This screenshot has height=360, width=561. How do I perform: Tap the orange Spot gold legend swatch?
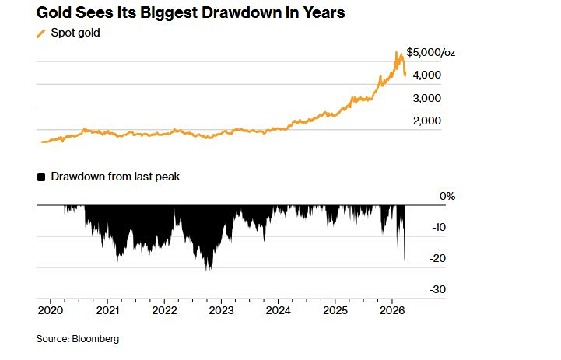pos(41,33)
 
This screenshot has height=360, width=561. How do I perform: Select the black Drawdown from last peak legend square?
pos(41,177)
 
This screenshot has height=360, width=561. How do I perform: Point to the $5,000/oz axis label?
pos(430,52)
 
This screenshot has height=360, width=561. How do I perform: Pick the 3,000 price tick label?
pos(426,98)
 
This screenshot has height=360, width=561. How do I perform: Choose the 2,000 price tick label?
pos(426,121)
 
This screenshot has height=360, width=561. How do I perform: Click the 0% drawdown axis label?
pos(447,197)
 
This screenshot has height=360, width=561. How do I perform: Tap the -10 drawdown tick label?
pos(437,227)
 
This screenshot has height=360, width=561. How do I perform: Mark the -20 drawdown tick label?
pos(437,258)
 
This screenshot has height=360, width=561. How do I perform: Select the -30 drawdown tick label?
pos(437,289)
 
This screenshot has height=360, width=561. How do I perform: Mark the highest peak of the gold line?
pos(397,51)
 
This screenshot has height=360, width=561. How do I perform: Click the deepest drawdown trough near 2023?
pos(209,270)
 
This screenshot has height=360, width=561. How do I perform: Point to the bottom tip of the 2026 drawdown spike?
pos(405,262)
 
